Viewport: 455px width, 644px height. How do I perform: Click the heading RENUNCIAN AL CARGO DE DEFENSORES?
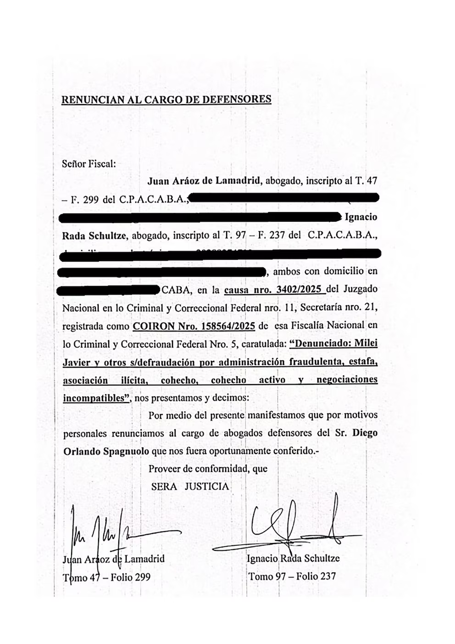click(x=166, y=99)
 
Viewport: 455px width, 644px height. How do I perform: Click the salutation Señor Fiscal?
click(x=89, y=163)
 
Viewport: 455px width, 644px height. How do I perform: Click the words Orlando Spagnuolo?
click(x=105, y=451)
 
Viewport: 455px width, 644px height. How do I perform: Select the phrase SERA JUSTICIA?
click(x=190, y=487)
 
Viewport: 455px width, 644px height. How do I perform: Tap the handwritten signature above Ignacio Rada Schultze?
click(x=294, y=528)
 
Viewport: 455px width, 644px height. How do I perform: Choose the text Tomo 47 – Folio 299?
click(x=106, y=577)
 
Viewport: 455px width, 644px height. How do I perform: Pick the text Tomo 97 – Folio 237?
click(x=292, y=576)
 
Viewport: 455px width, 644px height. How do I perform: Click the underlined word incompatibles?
click(x=95, y=398)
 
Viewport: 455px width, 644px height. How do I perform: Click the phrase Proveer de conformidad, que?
click(x=208, y=469)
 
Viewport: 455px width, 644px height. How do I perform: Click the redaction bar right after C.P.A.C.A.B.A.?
click(x=283, y=198)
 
